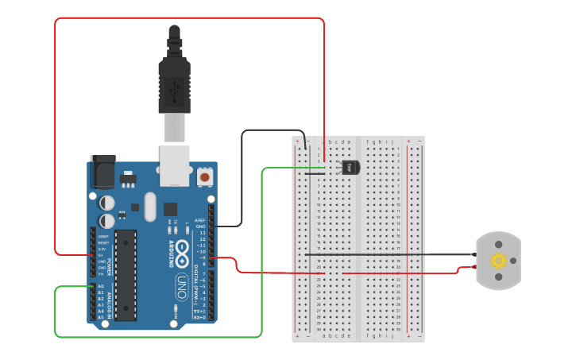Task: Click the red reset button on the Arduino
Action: point(205,176)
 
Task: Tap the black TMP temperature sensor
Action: point(350,167)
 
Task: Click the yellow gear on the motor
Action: point(498,261)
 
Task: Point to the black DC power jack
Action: point(102,171)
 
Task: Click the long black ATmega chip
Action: point(126,275)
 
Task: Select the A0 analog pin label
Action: point(101,286)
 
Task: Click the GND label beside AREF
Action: point(201,226)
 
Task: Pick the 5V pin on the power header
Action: point(101,255)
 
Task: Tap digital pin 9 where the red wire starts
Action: point(211,257)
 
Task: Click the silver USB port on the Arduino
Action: point(175,165)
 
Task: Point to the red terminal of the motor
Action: point(476,268)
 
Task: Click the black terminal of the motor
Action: point(474,254)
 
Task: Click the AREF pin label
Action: point(200,220)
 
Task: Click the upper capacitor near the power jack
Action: point(107,203)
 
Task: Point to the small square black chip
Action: point(170,209)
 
